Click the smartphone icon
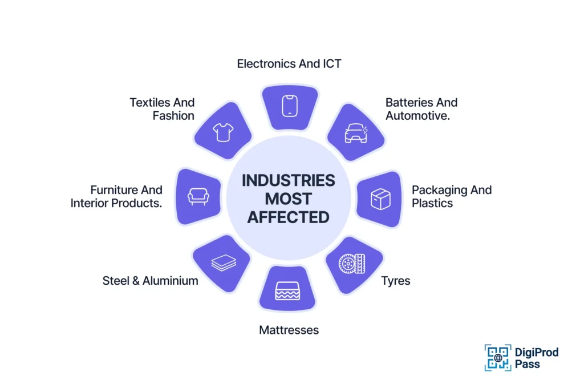pos(289,106)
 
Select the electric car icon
pos(356,134)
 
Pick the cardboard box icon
pos(380,199)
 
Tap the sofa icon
pos(198,197)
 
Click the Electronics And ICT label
pos(289,63)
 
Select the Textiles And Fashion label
pos(163,109)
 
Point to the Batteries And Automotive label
pos(421,109)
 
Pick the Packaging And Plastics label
pos(451,196)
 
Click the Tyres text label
pos(396,281)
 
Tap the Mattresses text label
pos(289,330)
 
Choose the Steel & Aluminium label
pos(150,281)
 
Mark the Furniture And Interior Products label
pos(116,196)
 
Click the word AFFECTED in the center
pos(288,217)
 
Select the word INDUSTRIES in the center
pos(288,180)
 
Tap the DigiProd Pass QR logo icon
pos(498,358)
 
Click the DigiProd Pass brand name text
pos(537,358)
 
